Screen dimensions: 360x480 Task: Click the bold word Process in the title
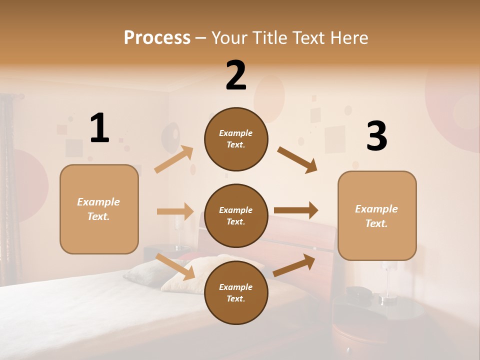157,37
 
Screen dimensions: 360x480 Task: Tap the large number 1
99,128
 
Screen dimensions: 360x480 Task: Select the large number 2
236,75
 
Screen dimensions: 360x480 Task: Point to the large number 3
377,136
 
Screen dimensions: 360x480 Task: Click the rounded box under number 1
99,209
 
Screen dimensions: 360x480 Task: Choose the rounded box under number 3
377,215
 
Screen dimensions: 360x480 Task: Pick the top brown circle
236,139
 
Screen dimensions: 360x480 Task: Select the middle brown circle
236,215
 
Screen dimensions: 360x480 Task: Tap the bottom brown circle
236,292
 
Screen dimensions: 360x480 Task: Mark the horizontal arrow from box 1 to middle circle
175,211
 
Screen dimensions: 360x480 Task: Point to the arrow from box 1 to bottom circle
175,266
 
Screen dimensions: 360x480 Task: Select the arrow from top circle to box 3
297,160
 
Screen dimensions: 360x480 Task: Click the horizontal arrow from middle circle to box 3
296,210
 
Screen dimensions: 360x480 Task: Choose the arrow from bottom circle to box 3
294,265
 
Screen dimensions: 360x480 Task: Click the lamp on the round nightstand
388,285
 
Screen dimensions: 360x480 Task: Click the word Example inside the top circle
236,133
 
